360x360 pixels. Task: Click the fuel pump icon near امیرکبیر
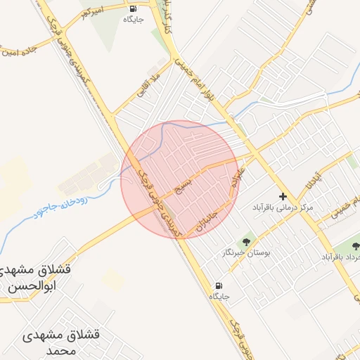(133, 9)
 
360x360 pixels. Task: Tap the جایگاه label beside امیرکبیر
(133, 20)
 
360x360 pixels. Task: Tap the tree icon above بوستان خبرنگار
(245, 240)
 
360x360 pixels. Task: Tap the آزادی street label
(315, 182)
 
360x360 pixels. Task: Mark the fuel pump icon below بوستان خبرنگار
(219, 286)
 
